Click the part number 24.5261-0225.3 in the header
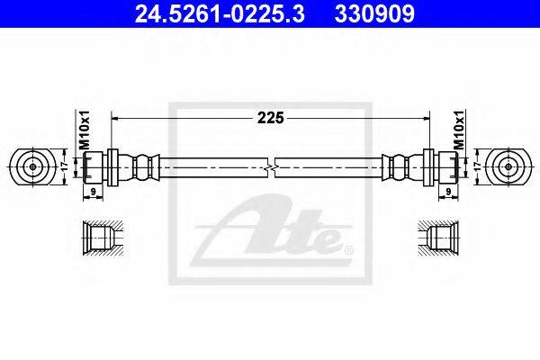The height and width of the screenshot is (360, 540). [x=220, y=14]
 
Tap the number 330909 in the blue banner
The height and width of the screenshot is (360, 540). [x=374, y=14]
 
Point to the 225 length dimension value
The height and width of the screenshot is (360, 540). [x=271, y=118]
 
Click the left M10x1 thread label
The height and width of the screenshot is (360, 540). [x=84, y=130]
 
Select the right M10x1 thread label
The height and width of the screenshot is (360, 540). [x=459, y=130]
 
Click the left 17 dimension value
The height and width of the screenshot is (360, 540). [x=64, y=166]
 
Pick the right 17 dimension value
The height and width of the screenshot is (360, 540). [x=477, y=166]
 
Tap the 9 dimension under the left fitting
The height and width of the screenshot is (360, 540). [x=93, y=192]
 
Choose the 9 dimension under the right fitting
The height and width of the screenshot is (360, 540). [x=448, y=192]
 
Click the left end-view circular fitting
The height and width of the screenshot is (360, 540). [x=32, y=167]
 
